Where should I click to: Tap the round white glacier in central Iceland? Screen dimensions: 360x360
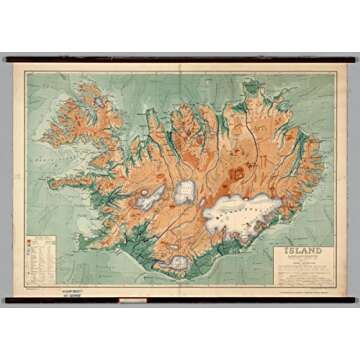tap(186, 192)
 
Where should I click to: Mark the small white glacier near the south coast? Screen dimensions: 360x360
tap(177, 262)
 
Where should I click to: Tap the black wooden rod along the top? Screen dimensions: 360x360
tap(180, 60)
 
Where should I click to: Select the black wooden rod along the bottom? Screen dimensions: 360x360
tap(180, 299)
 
